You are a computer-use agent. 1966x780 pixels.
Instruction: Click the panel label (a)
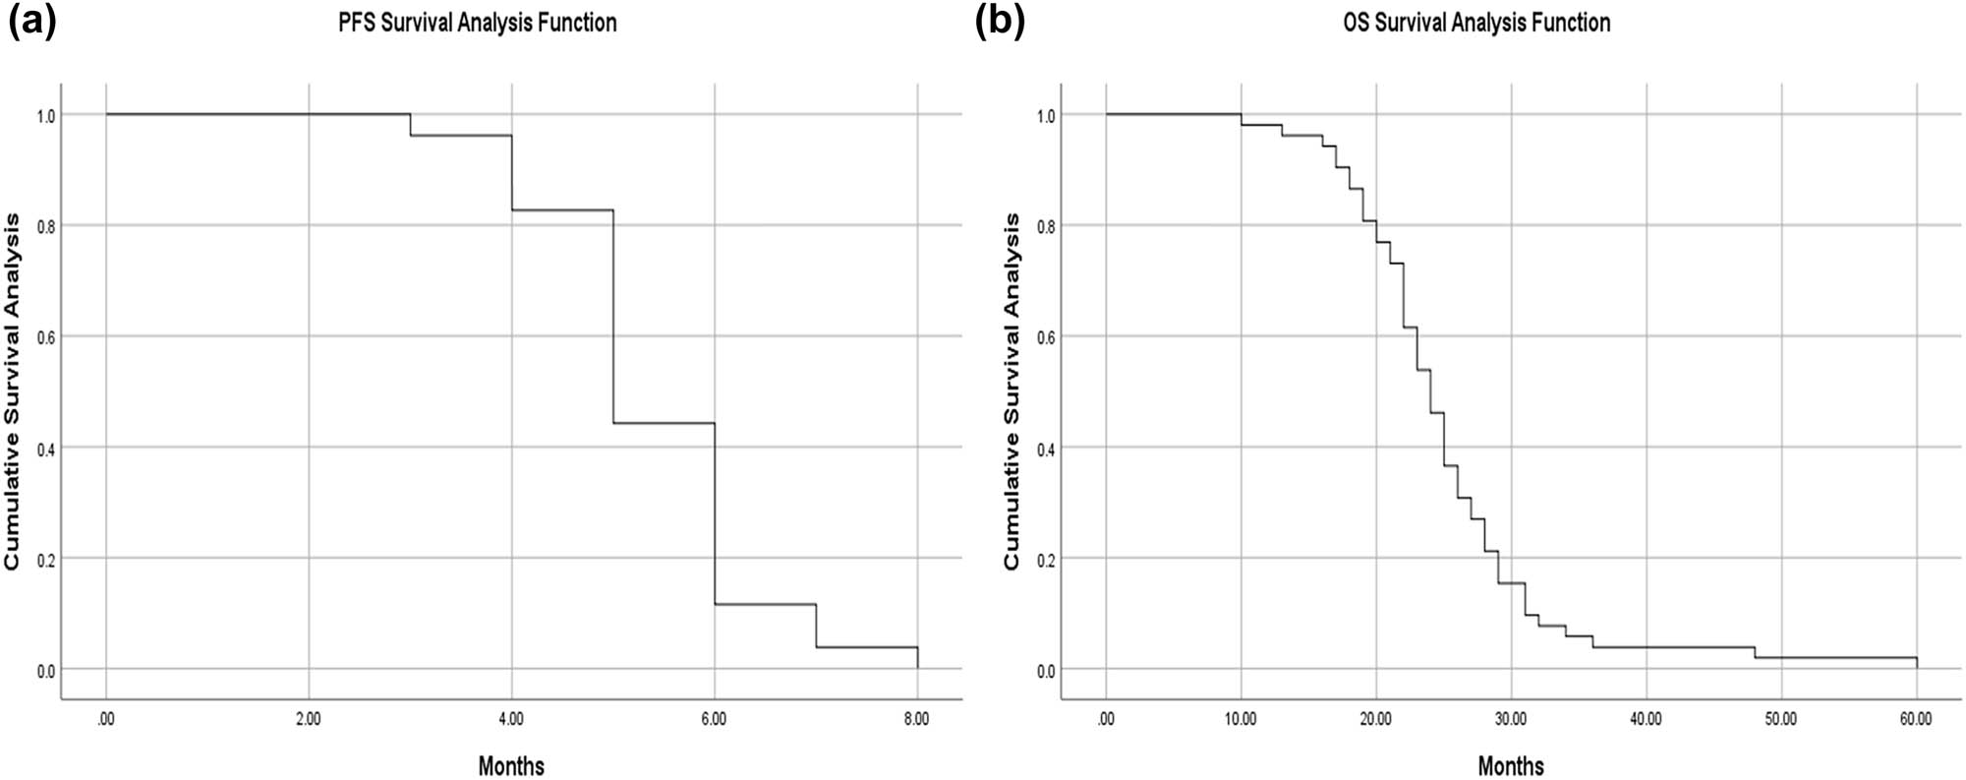(x=31, y=22)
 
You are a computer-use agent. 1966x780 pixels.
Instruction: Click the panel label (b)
(x=999, y=22)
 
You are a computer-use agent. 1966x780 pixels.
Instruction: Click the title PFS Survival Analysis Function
(x=478, y=23)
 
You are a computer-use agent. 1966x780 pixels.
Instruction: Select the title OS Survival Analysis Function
(x=1476, y=23)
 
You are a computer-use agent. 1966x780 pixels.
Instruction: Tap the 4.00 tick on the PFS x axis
(x=511, y=719)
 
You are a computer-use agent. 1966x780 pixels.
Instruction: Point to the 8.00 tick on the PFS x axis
(x=916, y=719)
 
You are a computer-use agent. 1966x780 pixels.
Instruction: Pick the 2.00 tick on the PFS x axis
(x=309, y=719)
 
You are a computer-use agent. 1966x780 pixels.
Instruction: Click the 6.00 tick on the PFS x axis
(x=714, y=719)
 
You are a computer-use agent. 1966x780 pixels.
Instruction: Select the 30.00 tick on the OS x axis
(x=1511, y=719)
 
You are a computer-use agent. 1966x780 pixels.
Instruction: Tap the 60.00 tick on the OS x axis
(x=1916, y=719)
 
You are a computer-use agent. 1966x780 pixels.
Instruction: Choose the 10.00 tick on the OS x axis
(x=1241, y=719)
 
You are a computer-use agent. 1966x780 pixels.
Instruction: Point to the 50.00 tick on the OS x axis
(x=1780, y=719)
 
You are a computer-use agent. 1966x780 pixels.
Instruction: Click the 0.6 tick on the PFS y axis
(x=46, y=337)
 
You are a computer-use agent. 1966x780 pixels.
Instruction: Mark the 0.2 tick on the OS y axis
(x=1047, y=559)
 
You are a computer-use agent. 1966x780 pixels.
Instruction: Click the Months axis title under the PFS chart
(x=511, y=766)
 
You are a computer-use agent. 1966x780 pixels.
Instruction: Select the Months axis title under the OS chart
(x=1511, y=766)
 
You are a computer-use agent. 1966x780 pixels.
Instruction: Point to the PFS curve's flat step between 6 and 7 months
(x=765, y=604)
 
